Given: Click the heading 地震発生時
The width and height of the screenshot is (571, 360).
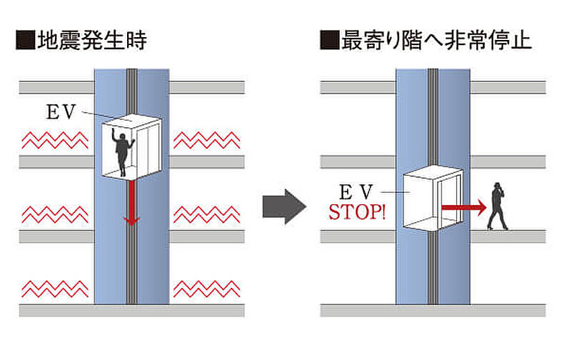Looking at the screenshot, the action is [92, 40].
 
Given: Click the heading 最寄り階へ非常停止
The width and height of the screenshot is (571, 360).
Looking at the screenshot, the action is [436, 40].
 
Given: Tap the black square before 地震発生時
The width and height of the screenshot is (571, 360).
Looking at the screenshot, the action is [25, 40].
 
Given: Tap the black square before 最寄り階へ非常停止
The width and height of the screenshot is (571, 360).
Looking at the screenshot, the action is [329, 40].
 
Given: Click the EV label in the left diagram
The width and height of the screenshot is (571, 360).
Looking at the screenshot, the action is [61, 112].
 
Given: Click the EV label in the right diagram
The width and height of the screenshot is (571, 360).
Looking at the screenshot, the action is [356, 192].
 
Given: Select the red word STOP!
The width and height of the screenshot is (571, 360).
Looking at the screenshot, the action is [357, 211].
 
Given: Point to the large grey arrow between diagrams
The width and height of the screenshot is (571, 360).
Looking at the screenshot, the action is [284, 206].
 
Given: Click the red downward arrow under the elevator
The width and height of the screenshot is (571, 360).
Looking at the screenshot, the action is [131, 202].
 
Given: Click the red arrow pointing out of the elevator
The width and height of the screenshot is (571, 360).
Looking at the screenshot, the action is [464, 207].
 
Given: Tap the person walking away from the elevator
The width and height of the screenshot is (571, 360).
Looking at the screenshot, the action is [497, 206].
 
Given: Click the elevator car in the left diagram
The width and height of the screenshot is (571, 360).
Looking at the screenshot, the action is [131, 147].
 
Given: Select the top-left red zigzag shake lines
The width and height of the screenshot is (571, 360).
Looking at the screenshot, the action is [55, 140].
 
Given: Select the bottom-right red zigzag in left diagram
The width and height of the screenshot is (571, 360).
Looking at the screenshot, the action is [207, 289].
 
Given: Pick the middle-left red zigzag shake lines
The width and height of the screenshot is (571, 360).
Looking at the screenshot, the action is [55, 214].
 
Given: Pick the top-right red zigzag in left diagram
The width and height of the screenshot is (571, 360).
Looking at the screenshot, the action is [207, 140].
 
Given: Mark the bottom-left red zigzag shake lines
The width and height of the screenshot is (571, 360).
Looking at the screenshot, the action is [55, 289].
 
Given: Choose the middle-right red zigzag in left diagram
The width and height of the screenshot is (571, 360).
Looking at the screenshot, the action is [207, 214].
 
